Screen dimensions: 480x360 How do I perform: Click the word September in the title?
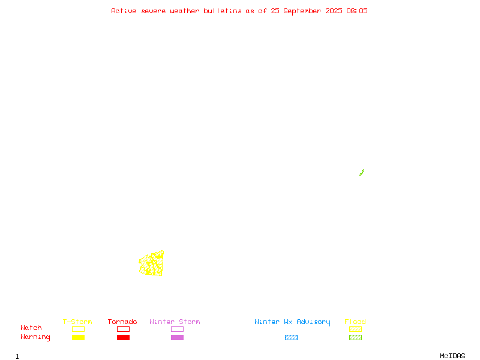click(x=302, y=11)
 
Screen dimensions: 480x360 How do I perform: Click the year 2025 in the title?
click(x=334, y=11)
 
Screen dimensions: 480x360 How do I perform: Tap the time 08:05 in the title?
click(x=357, y=11)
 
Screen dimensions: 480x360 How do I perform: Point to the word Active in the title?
click(x=124, y=11)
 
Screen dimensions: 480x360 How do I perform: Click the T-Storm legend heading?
click(x=77, y=322)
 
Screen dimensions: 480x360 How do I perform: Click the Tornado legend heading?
click(x=122, y=322)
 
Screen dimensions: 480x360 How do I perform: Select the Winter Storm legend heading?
click(x=175, y=322)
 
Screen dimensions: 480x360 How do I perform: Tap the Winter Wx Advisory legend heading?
click(x=292, y=322)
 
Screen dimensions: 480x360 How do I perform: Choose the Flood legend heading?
click(x=355, y=322)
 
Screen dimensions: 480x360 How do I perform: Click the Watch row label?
click(x=31, y=328)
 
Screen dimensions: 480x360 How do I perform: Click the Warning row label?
click(x=35, y=337)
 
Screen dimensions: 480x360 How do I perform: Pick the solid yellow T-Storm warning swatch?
click(x=79, y=337)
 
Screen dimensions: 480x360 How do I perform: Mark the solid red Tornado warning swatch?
click(x=124, y=337)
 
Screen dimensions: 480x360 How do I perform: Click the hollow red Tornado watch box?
click(x=124, y=326)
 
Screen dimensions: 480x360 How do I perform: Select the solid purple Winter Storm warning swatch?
click(x=177, y=337)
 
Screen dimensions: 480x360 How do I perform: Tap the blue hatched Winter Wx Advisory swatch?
click(x=291, y=337)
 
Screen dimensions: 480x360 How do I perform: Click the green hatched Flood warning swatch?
click(x=355, y=337)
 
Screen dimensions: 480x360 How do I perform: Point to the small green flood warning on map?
click(x=362, y=173)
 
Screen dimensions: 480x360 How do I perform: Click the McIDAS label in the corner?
click(x=452, y=356)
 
